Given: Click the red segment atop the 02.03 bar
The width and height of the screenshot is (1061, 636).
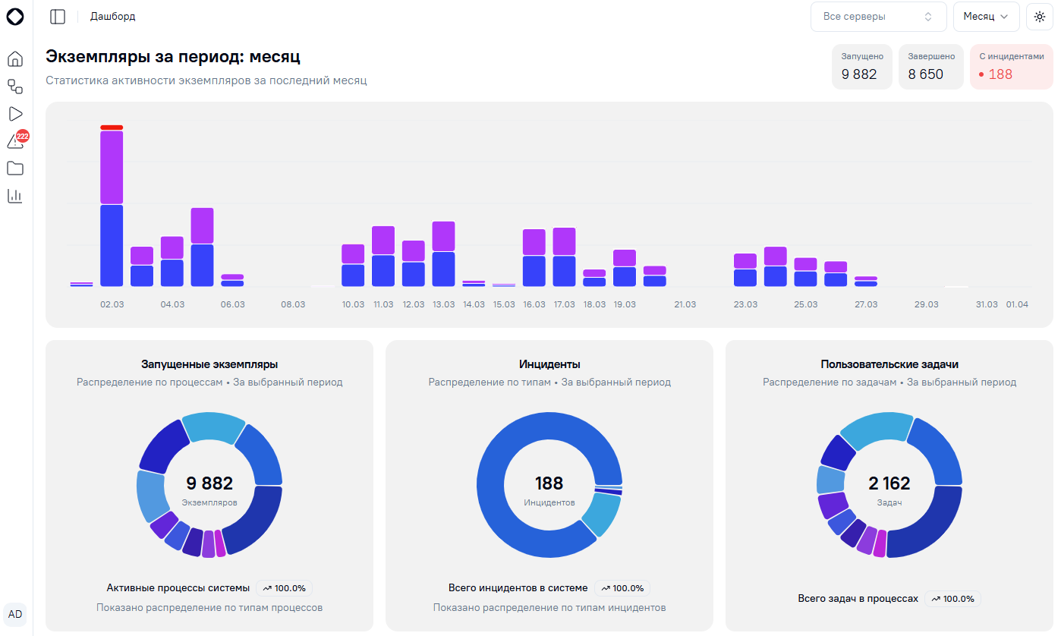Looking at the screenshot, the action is point(112,128).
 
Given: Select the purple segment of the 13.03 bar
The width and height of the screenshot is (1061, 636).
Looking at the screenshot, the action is point(443,236).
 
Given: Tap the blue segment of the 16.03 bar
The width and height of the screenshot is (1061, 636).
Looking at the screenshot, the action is point(534,272).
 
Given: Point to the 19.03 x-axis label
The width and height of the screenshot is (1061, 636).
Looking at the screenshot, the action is point(625,304).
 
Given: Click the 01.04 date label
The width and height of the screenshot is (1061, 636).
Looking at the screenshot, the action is point(1017,304).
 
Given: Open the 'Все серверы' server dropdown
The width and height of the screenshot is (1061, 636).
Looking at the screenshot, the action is point(878,17).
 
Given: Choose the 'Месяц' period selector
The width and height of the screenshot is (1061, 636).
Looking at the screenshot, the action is point(986,17).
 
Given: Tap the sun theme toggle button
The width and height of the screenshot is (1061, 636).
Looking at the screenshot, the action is point(1040,17).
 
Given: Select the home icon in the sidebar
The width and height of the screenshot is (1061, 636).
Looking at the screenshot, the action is point(15,58).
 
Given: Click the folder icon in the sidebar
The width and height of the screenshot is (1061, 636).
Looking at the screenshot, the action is point(15,168).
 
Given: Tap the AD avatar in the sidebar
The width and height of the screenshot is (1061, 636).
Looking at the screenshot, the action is point(15,614).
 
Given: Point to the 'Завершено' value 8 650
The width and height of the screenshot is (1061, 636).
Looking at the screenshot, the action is point(926,74).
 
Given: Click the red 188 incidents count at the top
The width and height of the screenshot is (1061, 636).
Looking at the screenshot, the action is point(1000,74).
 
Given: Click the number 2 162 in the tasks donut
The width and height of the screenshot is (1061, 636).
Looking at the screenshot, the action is point(889,483).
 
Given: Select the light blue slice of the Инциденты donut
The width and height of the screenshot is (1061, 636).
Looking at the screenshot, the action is point(602,514).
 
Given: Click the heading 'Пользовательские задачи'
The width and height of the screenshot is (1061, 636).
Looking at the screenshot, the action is point(889,364).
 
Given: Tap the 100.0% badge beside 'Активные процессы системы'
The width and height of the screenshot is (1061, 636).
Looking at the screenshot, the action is point(284,588).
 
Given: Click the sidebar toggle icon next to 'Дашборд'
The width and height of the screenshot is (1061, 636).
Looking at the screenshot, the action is point(58,17).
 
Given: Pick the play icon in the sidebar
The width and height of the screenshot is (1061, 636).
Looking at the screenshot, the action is point(15,114).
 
